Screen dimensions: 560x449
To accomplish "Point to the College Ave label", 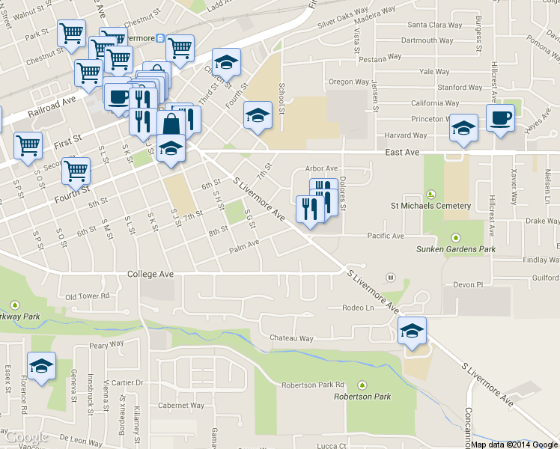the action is [150, 274].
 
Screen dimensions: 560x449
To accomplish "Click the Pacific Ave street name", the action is [386, 236].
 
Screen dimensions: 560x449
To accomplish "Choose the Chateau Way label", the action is [291, 338].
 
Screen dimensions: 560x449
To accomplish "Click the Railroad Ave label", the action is [52, 106].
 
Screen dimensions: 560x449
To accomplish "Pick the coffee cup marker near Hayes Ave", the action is [500, 117].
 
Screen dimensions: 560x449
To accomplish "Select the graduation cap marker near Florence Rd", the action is [41, 366].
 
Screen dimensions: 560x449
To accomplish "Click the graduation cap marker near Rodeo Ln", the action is [412, 331].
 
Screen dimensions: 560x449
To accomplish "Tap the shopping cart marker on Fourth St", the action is [76, 171].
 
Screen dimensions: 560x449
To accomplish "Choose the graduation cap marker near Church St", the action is [225, 62].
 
